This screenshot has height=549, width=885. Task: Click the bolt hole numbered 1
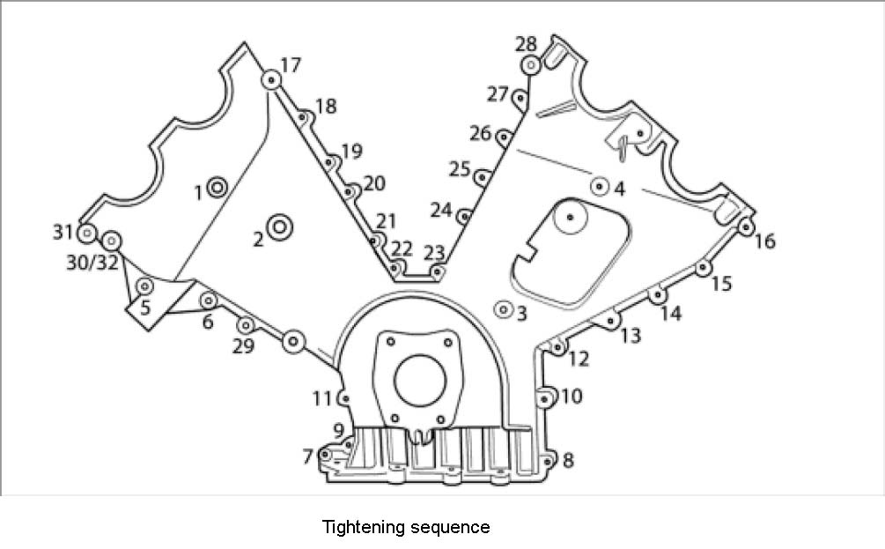(217, 187)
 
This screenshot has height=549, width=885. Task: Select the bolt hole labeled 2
(281, 227)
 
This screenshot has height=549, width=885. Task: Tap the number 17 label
(291, 65)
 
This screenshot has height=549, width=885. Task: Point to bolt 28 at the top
(531, 64)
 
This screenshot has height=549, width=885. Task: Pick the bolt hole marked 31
(86, 234)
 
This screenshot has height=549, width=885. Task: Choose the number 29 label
(243, 346)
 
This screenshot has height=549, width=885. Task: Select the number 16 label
(765, 241)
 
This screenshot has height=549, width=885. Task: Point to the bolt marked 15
(703, 268)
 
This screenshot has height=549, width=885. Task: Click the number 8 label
(568, 460)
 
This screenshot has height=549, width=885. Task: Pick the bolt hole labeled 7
(326, 455)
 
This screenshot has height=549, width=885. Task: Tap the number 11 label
(322, 398)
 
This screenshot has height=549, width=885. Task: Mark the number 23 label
(433, 253)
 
